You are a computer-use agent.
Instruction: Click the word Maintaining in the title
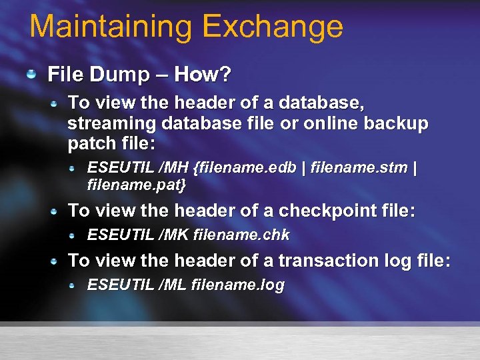(111, 27)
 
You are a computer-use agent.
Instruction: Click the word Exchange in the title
(272, 27)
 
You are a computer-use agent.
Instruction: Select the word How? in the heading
(203, 75)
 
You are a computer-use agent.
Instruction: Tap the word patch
(90, 143)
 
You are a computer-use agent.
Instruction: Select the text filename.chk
(241, 235)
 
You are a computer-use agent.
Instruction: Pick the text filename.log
(237, 285)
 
